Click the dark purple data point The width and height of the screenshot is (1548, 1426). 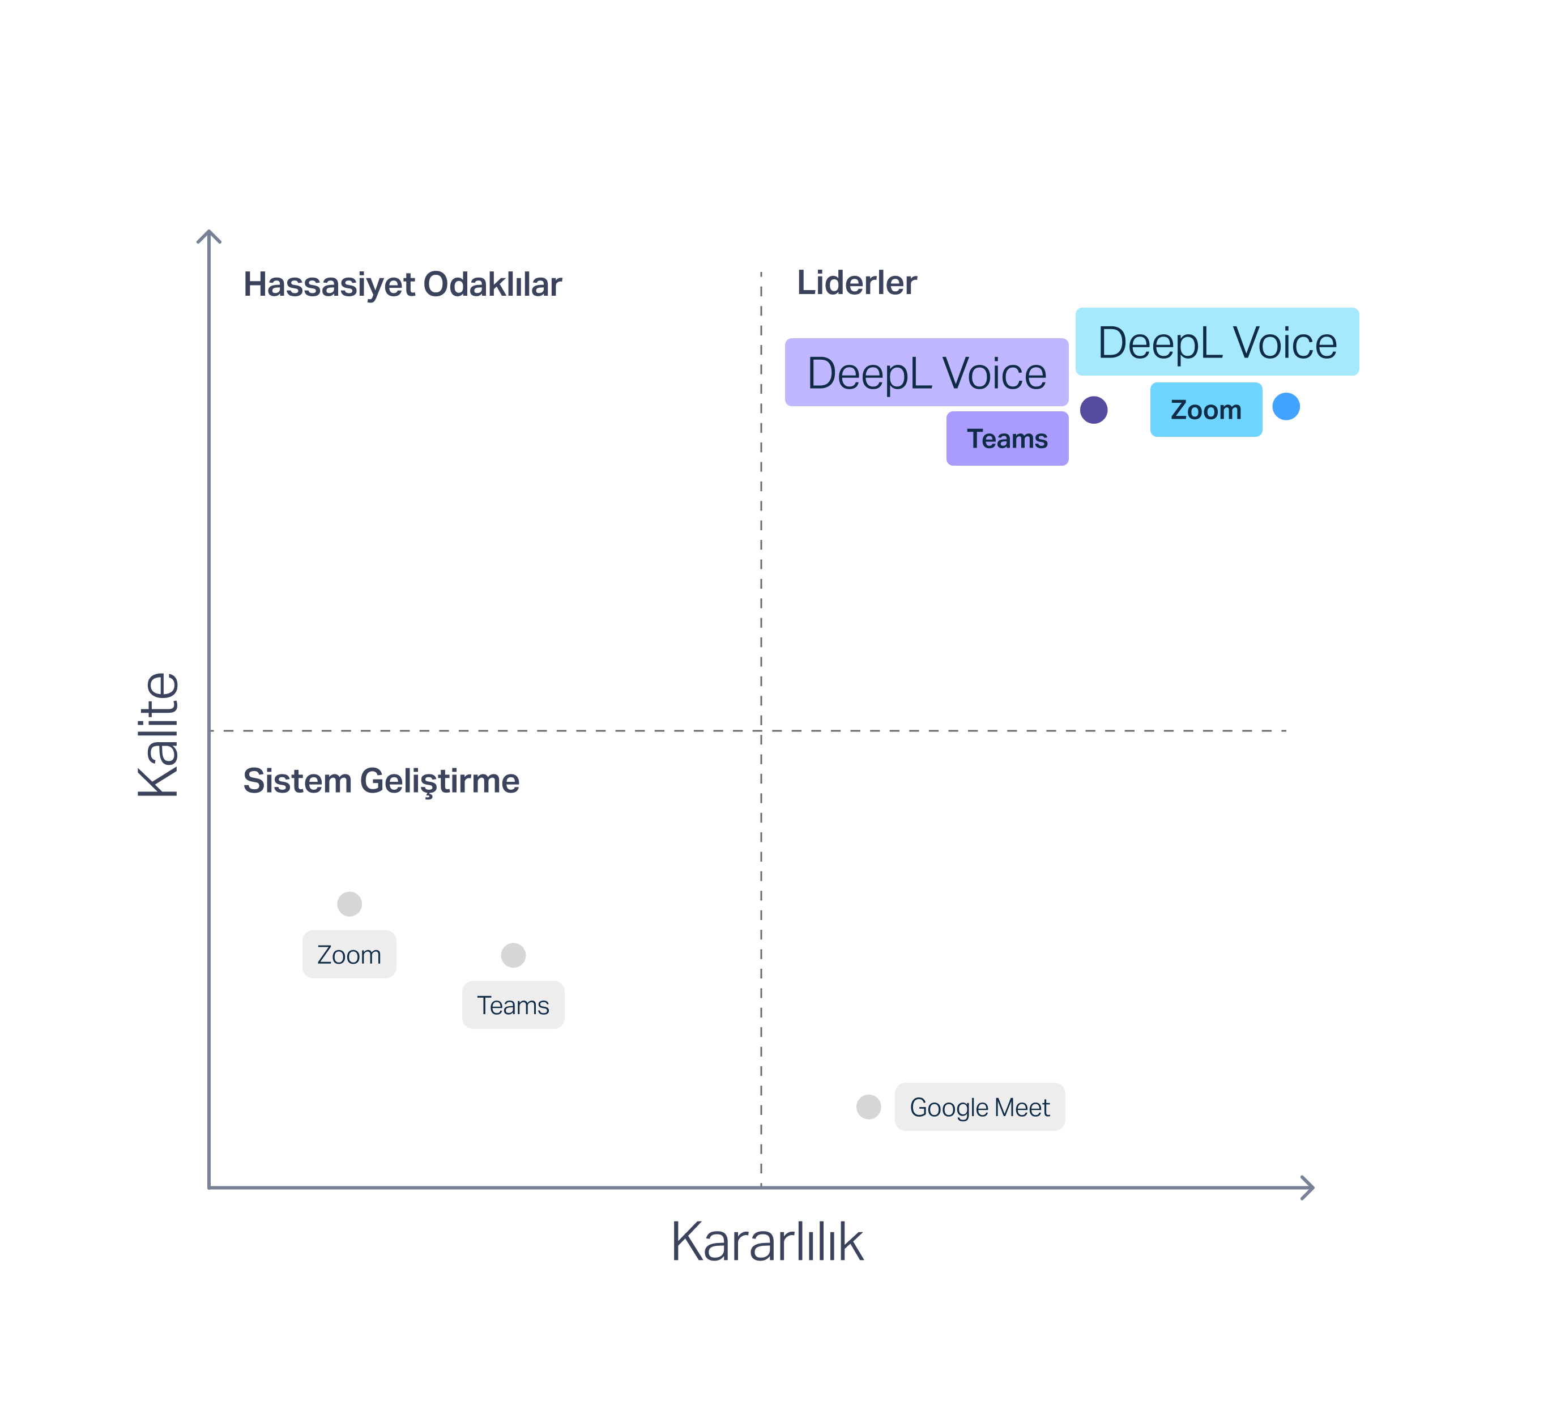pyautogui.click(x=1094, y=410)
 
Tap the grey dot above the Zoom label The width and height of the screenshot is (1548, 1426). pyautogui.click(x=349, y=904)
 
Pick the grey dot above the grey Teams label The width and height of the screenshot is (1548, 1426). pyautogui.click(x=513, y=955)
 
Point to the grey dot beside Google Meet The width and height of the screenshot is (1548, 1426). pyautogui.click(x=868, y=1106)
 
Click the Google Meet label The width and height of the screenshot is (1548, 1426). pyautogui.click(x=979, y=1107)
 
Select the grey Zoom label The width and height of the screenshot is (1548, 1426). pyautogui.click(x=349, y=955)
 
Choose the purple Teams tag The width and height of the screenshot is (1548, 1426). pyautogui.click(x=1007, y=439)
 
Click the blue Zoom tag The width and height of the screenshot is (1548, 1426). pyautogui.click(x=1205, y=410)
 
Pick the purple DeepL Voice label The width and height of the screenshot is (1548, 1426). pyautogui.click(x=926, y=373)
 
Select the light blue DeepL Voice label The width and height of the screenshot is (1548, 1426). pyautogui.click(x=1217, y=342)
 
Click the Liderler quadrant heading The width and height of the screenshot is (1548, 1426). pyautogui.click(x=856, y=282)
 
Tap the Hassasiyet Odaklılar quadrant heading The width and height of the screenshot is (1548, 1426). pyautogui.click(x=402, y=284)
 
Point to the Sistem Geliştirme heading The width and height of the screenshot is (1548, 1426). pyautogui.click(x=381, y=781)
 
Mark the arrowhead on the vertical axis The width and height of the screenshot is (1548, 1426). pyautogui.click(x=209, y=235)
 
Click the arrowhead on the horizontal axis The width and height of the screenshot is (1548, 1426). pyautogui.click(x=1308, y=1187)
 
